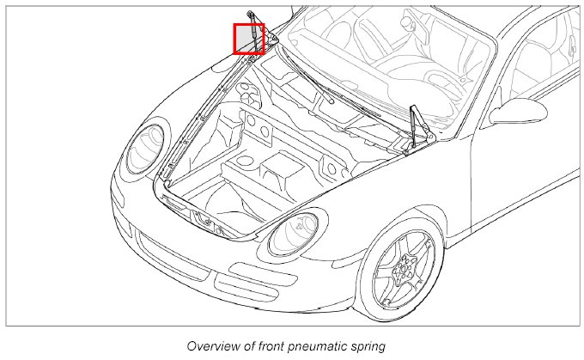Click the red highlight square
[x=249, y=39]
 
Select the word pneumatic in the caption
[x=323, y=345]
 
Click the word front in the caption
[x=276, y=345]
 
